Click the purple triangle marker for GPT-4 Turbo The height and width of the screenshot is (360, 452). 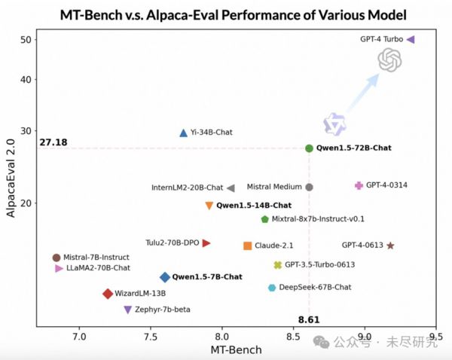coord(410,39)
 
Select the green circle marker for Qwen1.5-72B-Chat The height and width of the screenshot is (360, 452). coord(309,148)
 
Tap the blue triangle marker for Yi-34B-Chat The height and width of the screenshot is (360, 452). coord(184,133)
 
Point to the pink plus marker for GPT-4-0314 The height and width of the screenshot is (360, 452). coord(359,185)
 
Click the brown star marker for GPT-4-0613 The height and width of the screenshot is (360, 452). coord(390,246)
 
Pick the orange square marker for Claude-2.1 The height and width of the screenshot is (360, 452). coord(248,246)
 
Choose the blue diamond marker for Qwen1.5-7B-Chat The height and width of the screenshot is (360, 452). coord(165,277)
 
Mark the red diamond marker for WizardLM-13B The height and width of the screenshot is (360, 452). coord(108,294)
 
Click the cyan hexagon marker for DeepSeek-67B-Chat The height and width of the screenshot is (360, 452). coord(272,288)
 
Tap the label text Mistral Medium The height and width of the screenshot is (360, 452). coord(274,187)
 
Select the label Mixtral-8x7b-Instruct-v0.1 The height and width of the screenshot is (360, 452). coord(318,219)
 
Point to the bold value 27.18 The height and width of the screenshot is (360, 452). coord(53,142)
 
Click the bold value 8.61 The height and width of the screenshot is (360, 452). coord(308,319)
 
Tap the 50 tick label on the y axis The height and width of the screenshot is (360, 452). coord(23,39)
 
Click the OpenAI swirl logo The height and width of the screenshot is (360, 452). coord(390,60)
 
